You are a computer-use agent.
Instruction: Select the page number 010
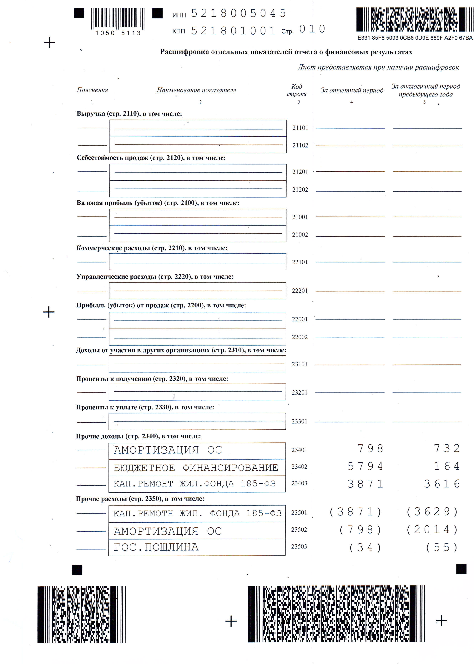click(x=312, y=29)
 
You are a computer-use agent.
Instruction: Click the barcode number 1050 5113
click(x=118, y=33)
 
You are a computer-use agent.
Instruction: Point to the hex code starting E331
click(x=414, y=38)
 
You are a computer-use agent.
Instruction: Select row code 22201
click(x=300, y=291)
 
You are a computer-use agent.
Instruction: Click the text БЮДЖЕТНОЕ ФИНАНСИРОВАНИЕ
click(x=196, y=467)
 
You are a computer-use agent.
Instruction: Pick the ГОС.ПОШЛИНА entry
click(x=156, y=547)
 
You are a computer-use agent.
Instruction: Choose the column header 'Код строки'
click(x=297, y=90)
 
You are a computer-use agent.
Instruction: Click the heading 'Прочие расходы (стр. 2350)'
click(x=140, y=499)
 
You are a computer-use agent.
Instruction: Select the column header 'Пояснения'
click(x=92, y=90)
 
